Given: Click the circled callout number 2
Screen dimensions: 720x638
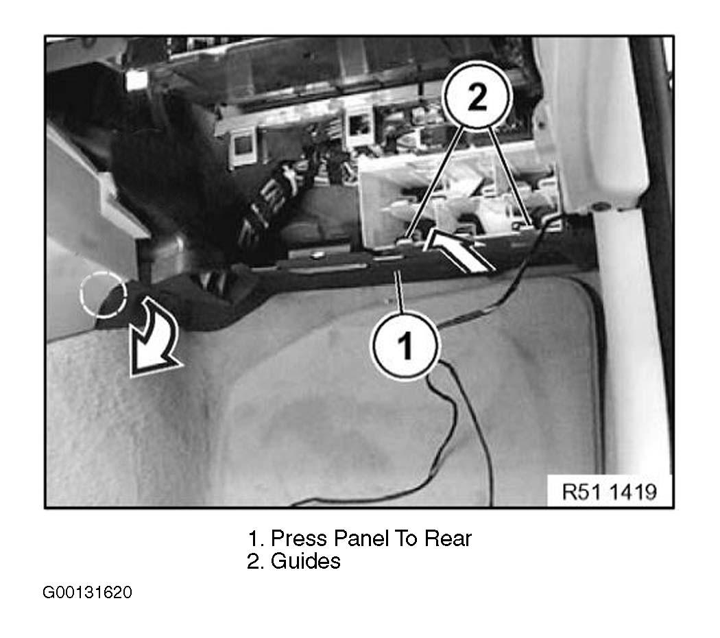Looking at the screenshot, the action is (477, 95).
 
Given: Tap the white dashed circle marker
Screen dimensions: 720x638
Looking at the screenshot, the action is (103, 294).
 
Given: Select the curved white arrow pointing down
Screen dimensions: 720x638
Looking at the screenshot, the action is (154, 338).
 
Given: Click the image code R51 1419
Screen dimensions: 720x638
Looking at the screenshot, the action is (610, 492).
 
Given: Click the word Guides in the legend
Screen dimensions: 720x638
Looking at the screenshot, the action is (305, 561).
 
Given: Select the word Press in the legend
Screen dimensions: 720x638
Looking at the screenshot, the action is (300, 538).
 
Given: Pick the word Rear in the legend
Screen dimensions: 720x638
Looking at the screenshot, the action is (448, 538).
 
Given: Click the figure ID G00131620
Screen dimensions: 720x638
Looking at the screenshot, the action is (87, 593).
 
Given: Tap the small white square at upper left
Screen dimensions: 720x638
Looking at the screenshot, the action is (136, 80).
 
